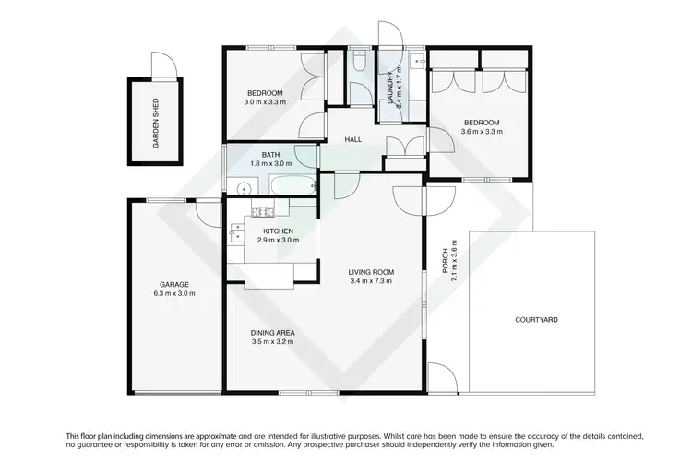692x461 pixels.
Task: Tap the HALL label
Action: click(x=352, y=139)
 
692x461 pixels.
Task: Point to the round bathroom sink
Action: click(x=243, y=189)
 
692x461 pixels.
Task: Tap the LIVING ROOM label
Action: click(x=371, y=271)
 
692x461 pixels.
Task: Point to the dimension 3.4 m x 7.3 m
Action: click(x=371, y=281)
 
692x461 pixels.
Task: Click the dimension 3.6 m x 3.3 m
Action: click(x=482, y=132)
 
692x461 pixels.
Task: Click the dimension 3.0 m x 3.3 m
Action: click(x=264, y=101)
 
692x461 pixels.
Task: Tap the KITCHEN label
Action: click(x=278, y=230)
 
